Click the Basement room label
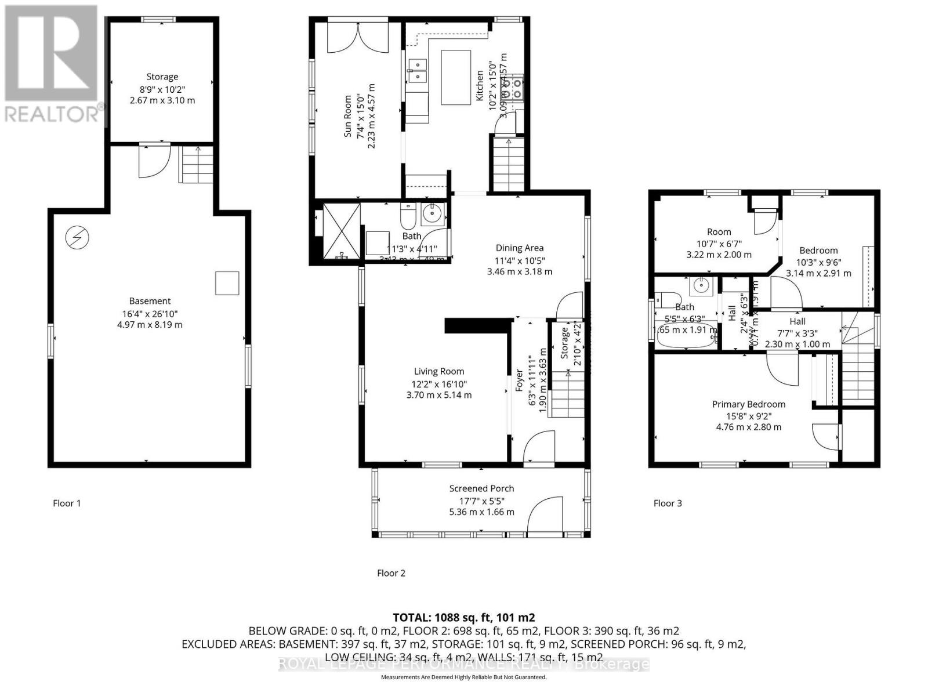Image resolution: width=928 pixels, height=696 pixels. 150,301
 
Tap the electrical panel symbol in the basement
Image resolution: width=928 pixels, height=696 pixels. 76,237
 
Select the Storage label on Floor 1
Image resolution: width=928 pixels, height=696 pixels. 162,77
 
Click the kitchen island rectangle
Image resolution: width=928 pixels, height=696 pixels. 456,77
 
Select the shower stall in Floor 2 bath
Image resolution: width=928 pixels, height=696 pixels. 341,230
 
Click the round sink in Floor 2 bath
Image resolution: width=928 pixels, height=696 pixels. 432,213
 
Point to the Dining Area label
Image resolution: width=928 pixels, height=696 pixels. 519,248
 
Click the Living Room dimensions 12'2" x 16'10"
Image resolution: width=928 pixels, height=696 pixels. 439,384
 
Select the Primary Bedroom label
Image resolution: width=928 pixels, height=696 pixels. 749,404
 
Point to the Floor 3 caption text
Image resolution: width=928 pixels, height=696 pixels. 668,503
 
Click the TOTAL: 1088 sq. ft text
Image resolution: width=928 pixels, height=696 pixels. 463,617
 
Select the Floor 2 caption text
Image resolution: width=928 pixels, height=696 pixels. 391,573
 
